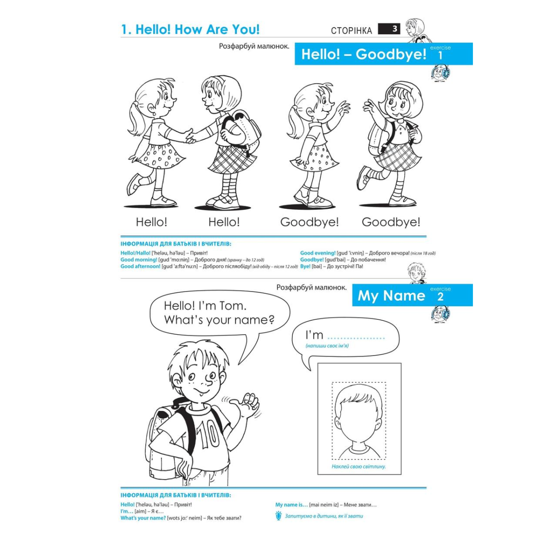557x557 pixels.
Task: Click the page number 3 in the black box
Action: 395,29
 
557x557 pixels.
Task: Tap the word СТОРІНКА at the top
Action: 351,31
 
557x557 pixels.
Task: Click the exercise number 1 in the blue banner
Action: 440,56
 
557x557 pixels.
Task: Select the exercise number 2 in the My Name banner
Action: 440,297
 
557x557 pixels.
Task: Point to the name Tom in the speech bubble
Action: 233,306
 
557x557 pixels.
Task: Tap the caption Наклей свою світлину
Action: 359,466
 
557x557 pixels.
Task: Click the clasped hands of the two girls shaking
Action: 190,136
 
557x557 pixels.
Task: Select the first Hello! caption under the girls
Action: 151,222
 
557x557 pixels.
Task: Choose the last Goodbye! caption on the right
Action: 391,222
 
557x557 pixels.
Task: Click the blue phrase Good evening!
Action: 317,253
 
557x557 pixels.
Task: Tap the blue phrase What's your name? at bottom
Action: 143,518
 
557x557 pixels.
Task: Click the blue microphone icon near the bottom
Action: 278,516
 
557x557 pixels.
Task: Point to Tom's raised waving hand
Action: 247,404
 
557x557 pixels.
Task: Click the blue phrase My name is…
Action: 291,505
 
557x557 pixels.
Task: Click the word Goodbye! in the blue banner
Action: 391,54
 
